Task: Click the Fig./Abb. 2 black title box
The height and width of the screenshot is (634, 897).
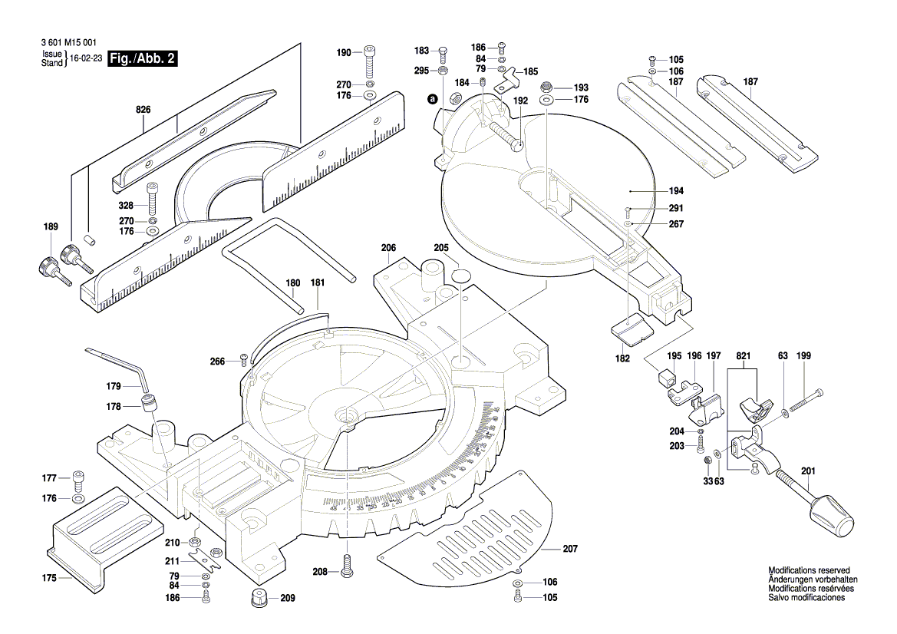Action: pos(143,59)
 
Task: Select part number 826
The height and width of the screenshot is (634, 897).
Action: pos(143,111)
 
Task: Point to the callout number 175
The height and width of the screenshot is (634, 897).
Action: pos(49,578)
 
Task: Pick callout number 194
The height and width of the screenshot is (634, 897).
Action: pos(654,190)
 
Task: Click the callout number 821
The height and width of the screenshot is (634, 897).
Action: pos(742,356)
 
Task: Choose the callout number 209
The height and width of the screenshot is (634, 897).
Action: pos(287,598)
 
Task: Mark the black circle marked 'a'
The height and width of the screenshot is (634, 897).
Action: pos(432,99)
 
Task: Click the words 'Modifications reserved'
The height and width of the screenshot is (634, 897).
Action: pos(810,570)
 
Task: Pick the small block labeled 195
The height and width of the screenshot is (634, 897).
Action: pos(666,377)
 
